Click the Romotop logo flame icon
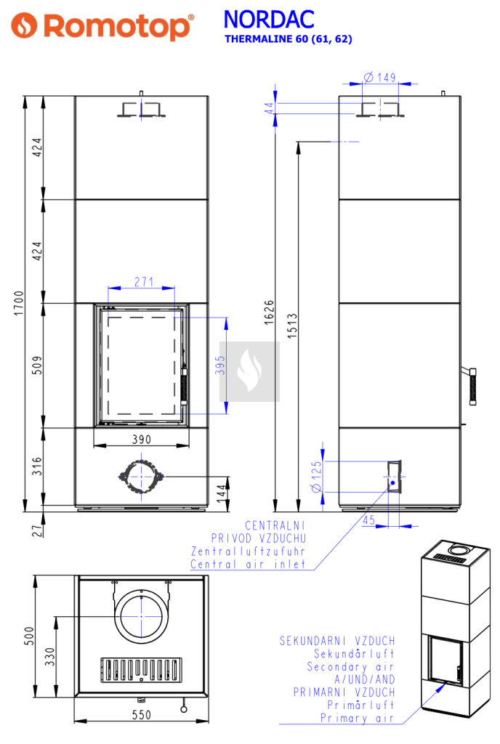pos(24,25)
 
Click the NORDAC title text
pos(268,20)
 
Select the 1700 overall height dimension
pos(18,303)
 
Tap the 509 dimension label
pos(37,365)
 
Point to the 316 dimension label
pos(37,466)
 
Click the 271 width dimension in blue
pos(144,282)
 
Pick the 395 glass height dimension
pos(219,365)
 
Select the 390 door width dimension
pos(142,440)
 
